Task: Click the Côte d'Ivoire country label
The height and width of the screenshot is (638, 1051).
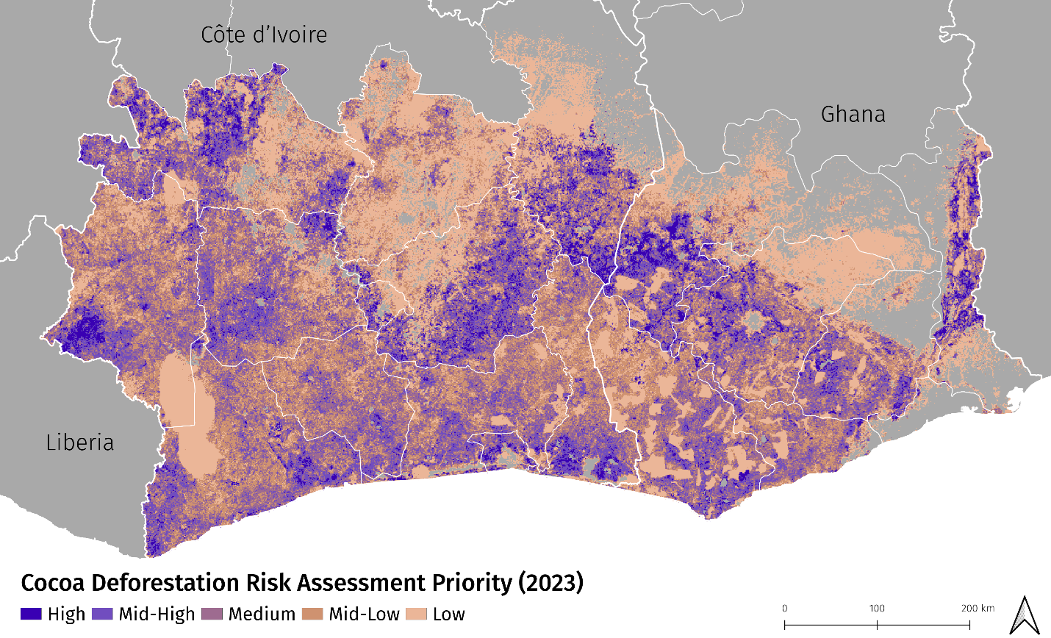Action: (x=264, y=35)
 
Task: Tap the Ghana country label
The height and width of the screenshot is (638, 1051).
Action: (x=853, y=114)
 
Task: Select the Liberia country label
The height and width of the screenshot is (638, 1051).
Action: (x=79, y=442)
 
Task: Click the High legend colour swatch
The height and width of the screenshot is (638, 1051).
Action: (x=31, y=614)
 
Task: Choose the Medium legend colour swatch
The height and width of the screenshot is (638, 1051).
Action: (x=212, y=614)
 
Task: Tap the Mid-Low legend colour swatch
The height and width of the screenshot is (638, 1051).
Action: (x=312, y=614)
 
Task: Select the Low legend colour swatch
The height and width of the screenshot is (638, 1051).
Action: (x=416, y=614)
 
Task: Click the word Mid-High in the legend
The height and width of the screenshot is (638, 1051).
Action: (x=157, y=614)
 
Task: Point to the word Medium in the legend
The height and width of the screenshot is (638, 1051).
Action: (x=262, y=614)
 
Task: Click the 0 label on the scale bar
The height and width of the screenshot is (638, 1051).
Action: (x=784, y=609)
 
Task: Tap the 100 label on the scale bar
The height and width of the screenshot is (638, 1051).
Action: (x=877, y=609)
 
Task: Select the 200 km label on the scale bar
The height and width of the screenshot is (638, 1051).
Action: (x=978, y=609)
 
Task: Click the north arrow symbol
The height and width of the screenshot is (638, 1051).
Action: (x=1025, y=614)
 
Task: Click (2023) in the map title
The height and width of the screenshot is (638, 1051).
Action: (x=550, y=583)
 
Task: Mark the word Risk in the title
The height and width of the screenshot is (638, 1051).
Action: (x=273, y=583)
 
